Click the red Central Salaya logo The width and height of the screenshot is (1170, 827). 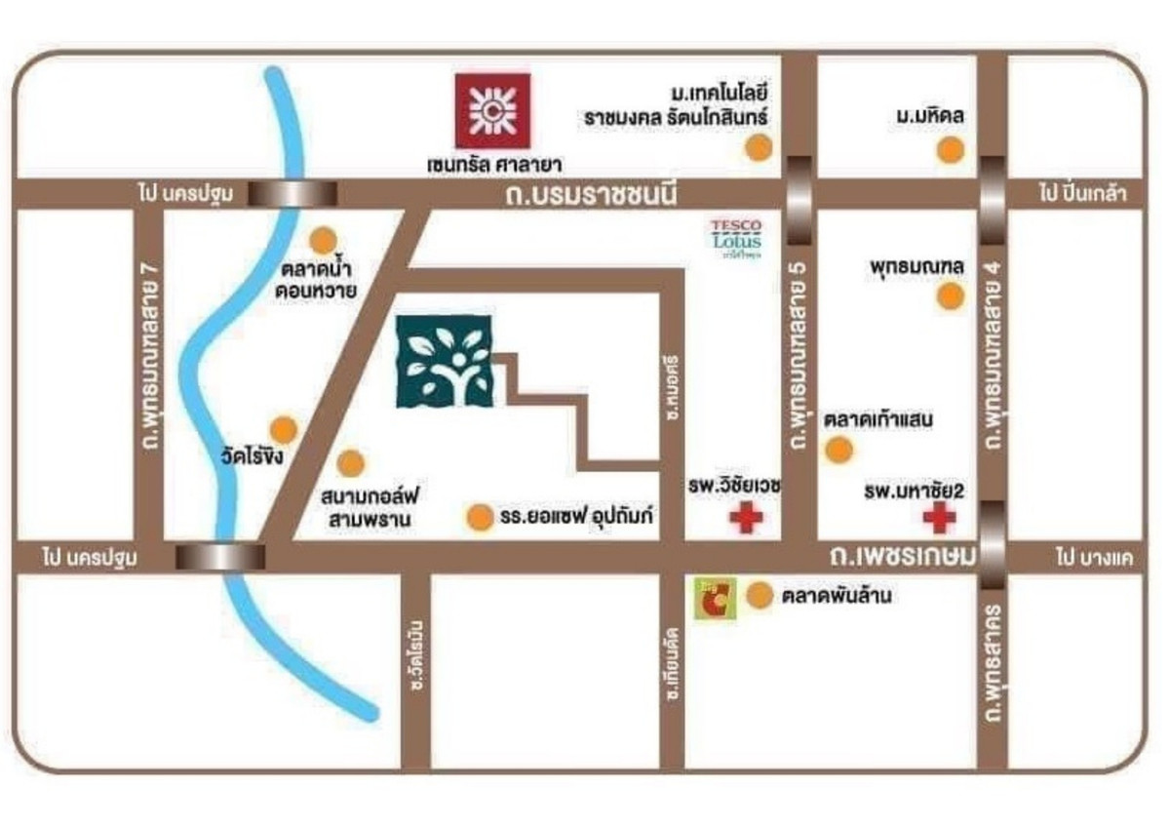pyautogui.click(x=492, y=110)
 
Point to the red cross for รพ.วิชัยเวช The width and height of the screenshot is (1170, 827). pyautogui.click(x=747, y=518)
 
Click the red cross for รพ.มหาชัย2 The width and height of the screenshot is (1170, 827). pyautogui.click(x=940, y=518)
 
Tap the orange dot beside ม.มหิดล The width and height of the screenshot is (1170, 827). pyautogui.click(x=950, y=151)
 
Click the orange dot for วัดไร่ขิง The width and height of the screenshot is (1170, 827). pyautogui.click(x=283, y=429)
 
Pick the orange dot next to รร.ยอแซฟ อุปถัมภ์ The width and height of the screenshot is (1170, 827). pyautogui.click(x=479, y=518)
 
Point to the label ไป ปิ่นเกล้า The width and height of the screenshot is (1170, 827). pyautogui.click(x=1082, y=193)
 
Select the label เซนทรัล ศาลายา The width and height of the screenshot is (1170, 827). pyautogui.click(x=495, y=164)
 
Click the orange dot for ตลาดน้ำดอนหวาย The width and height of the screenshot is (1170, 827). pyautogui.click(x=323, y=239)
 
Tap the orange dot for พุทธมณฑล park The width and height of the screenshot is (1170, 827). pyautogui.click(x=950, y=296)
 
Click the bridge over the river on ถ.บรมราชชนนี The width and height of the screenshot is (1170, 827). pyautogui.click(x=292, y=193)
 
